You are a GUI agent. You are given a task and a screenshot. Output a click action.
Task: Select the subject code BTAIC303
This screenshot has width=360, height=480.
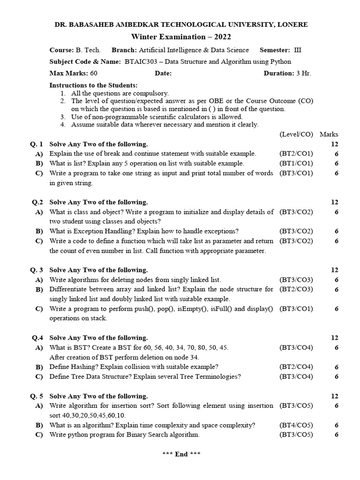(x=140, y=61)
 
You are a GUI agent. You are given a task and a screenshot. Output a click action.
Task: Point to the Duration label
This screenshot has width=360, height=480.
(x=279, y=73)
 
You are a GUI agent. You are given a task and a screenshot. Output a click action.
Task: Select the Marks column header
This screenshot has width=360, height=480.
(x=329, y=134)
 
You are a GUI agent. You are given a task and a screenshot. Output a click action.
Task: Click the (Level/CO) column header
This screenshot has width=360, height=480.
(x=296, y=134)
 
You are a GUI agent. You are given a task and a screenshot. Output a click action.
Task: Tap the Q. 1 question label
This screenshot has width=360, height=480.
(x=37, y=144)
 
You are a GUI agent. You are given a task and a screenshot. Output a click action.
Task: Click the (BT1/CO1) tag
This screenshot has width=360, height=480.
(x=296, y=164)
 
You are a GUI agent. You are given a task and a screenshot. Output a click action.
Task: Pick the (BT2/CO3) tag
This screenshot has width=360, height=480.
(x=296, y=289)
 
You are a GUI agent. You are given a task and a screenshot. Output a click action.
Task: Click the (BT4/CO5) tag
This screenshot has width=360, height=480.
(x=296, y=425)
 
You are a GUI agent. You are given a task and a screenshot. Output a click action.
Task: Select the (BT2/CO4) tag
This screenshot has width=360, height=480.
(x=296, y=367)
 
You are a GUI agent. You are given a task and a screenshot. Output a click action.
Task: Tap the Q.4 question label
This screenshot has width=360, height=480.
(x=37, y=338)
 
